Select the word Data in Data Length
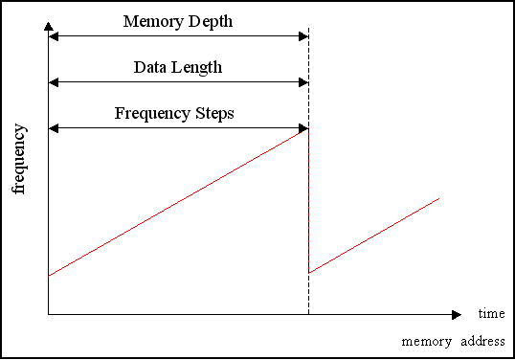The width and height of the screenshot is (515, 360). point(150,67)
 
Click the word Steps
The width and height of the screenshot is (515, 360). point(213,113)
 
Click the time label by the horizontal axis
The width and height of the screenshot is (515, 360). point(491,314)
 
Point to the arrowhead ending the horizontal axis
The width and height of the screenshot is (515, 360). point(457,314)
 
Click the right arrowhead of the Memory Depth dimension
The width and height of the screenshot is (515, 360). point(303,36)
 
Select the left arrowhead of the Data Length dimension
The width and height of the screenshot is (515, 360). point(54,83)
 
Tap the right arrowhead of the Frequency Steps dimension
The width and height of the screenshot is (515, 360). point(303,128)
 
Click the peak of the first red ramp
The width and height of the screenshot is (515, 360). point(307,129)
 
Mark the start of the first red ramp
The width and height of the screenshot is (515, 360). point(49,276)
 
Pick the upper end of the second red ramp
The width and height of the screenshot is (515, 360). point(438,198)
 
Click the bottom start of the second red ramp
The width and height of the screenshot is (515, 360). point(309,273)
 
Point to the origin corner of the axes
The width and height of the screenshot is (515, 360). point(48,314)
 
